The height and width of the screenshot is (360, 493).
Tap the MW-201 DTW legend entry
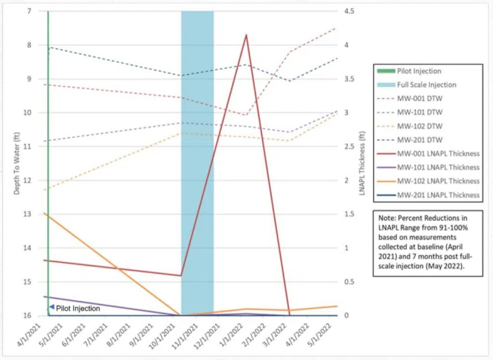tap(419, 139)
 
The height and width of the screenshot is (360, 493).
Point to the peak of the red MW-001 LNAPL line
tap(246, 35)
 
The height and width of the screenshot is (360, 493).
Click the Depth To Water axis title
tap(17, 163)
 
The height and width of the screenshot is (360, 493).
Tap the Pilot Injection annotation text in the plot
tap(78, 308)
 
